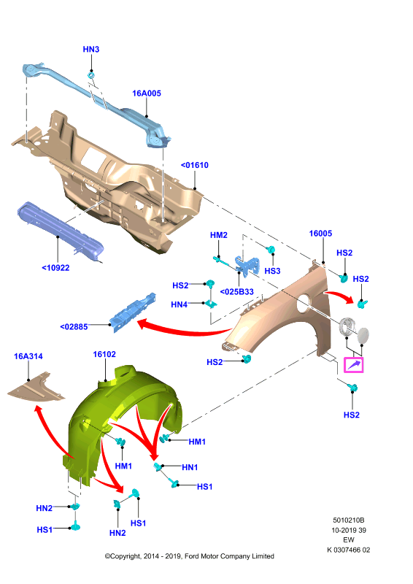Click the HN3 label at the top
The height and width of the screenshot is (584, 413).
(x=91, y=49)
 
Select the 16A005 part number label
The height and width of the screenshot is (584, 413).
(x=147, y=93)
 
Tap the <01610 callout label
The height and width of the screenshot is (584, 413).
(x=194, y=165)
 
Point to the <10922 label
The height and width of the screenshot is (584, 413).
(x=55, y=267)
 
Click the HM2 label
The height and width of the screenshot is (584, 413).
(x=219, y=235)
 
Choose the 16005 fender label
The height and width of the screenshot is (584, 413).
(x=320, y=234)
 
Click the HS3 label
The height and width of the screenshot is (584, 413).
(x=272, y=271)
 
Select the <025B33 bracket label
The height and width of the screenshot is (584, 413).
(x=237, y=291)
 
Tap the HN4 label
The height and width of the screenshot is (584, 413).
(x=179, y=304)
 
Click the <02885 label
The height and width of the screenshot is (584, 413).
(x=74, y=326)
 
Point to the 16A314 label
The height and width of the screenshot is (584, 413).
(x=28, y=356)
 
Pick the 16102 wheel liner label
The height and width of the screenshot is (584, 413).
(x=104, y=355)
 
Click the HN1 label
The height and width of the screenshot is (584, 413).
(x=190, y=467)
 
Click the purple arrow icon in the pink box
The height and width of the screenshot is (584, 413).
(x=353, y=365)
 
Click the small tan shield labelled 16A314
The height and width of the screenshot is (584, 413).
(x=36, y=388)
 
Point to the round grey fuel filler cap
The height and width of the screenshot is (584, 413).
(x=363, y=335)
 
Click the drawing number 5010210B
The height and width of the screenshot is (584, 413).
(x=349, y=520)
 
